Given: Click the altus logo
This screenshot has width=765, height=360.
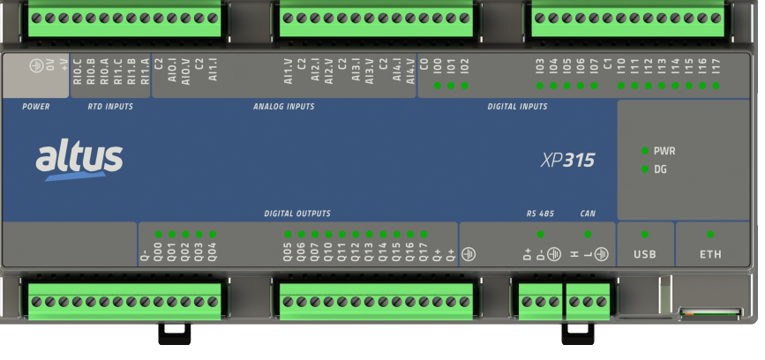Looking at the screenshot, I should point(79,160).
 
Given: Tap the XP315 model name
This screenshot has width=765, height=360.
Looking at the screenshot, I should point(567,161).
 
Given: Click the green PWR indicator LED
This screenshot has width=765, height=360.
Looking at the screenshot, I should point(645,151).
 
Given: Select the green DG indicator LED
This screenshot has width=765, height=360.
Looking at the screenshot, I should point(645,169).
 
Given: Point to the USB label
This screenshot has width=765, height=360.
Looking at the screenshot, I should point(644,255).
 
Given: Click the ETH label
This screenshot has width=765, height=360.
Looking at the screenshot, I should point(710,255).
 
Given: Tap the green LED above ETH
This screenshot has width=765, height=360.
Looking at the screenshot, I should point(710,234).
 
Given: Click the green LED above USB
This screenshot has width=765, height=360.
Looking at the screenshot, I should point(644,234).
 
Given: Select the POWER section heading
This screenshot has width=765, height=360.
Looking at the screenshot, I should point(36,107).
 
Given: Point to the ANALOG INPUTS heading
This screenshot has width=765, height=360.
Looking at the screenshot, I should point(283,107).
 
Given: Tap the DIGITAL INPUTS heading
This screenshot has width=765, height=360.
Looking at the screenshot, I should point(517,107).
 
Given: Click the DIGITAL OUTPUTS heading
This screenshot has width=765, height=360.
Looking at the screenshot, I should point(297,214).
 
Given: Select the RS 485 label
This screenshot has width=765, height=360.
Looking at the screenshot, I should point(539,214).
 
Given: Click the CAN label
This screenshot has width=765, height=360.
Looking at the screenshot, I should point(588,214).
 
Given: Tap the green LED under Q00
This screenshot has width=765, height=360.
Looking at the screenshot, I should point(158,235).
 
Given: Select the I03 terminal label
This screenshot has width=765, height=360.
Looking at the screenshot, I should point(539,65).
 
